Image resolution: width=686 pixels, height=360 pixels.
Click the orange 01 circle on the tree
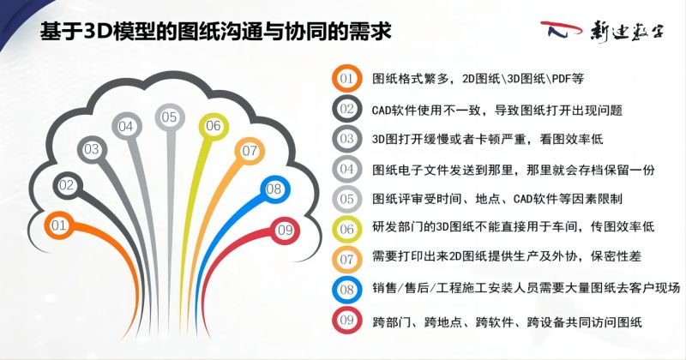pyautogui.click(x=58, y=225)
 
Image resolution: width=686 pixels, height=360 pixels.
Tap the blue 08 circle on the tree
pyautogui.click(x=274, y=189)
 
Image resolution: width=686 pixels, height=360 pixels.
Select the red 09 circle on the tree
pyautogui.click(x=285, y=230)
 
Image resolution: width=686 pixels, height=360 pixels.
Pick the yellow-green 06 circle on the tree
pyautogui.click(x=213, y=126)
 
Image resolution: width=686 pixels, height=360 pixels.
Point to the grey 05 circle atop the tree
pyautogui.click(x=169, y=117)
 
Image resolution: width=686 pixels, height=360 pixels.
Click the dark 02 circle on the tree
pyautogui.click(x=67, y=185)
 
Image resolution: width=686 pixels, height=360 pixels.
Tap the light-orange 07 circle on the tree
pyautogui.click(x=250, y=151)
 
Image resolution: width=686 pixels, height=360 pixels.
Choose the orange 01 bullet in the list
pyautogui.click(x=346, y=79)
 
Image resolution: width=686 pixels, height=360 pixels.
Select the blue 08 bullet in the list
pyautogui.click(x=346, y=290)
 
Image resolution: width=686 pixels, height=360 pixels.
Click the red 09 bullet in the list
pyautogui.click(x=346, y=321)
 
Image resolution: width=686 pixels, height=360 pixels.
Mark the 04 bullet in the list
pyautogui.click(x=346, y=169)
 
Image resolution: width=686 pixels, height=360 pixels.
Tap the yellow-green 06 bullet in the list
pyautogui.click(x=346, y=229)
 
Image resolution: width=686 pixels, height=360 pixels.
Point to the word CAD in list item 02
pyautogui.click(x=382, y=110)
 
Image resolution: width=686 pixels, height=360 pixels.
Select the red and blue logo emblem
pyautogui.click(x=561, y=30)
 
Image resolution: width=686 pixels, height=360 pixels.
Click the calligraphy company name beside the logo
pyautogui.click(x=626, y=32)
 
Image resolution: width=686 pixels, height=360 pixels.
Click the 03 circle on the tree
pyautogui.click(x=92, y=150)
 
